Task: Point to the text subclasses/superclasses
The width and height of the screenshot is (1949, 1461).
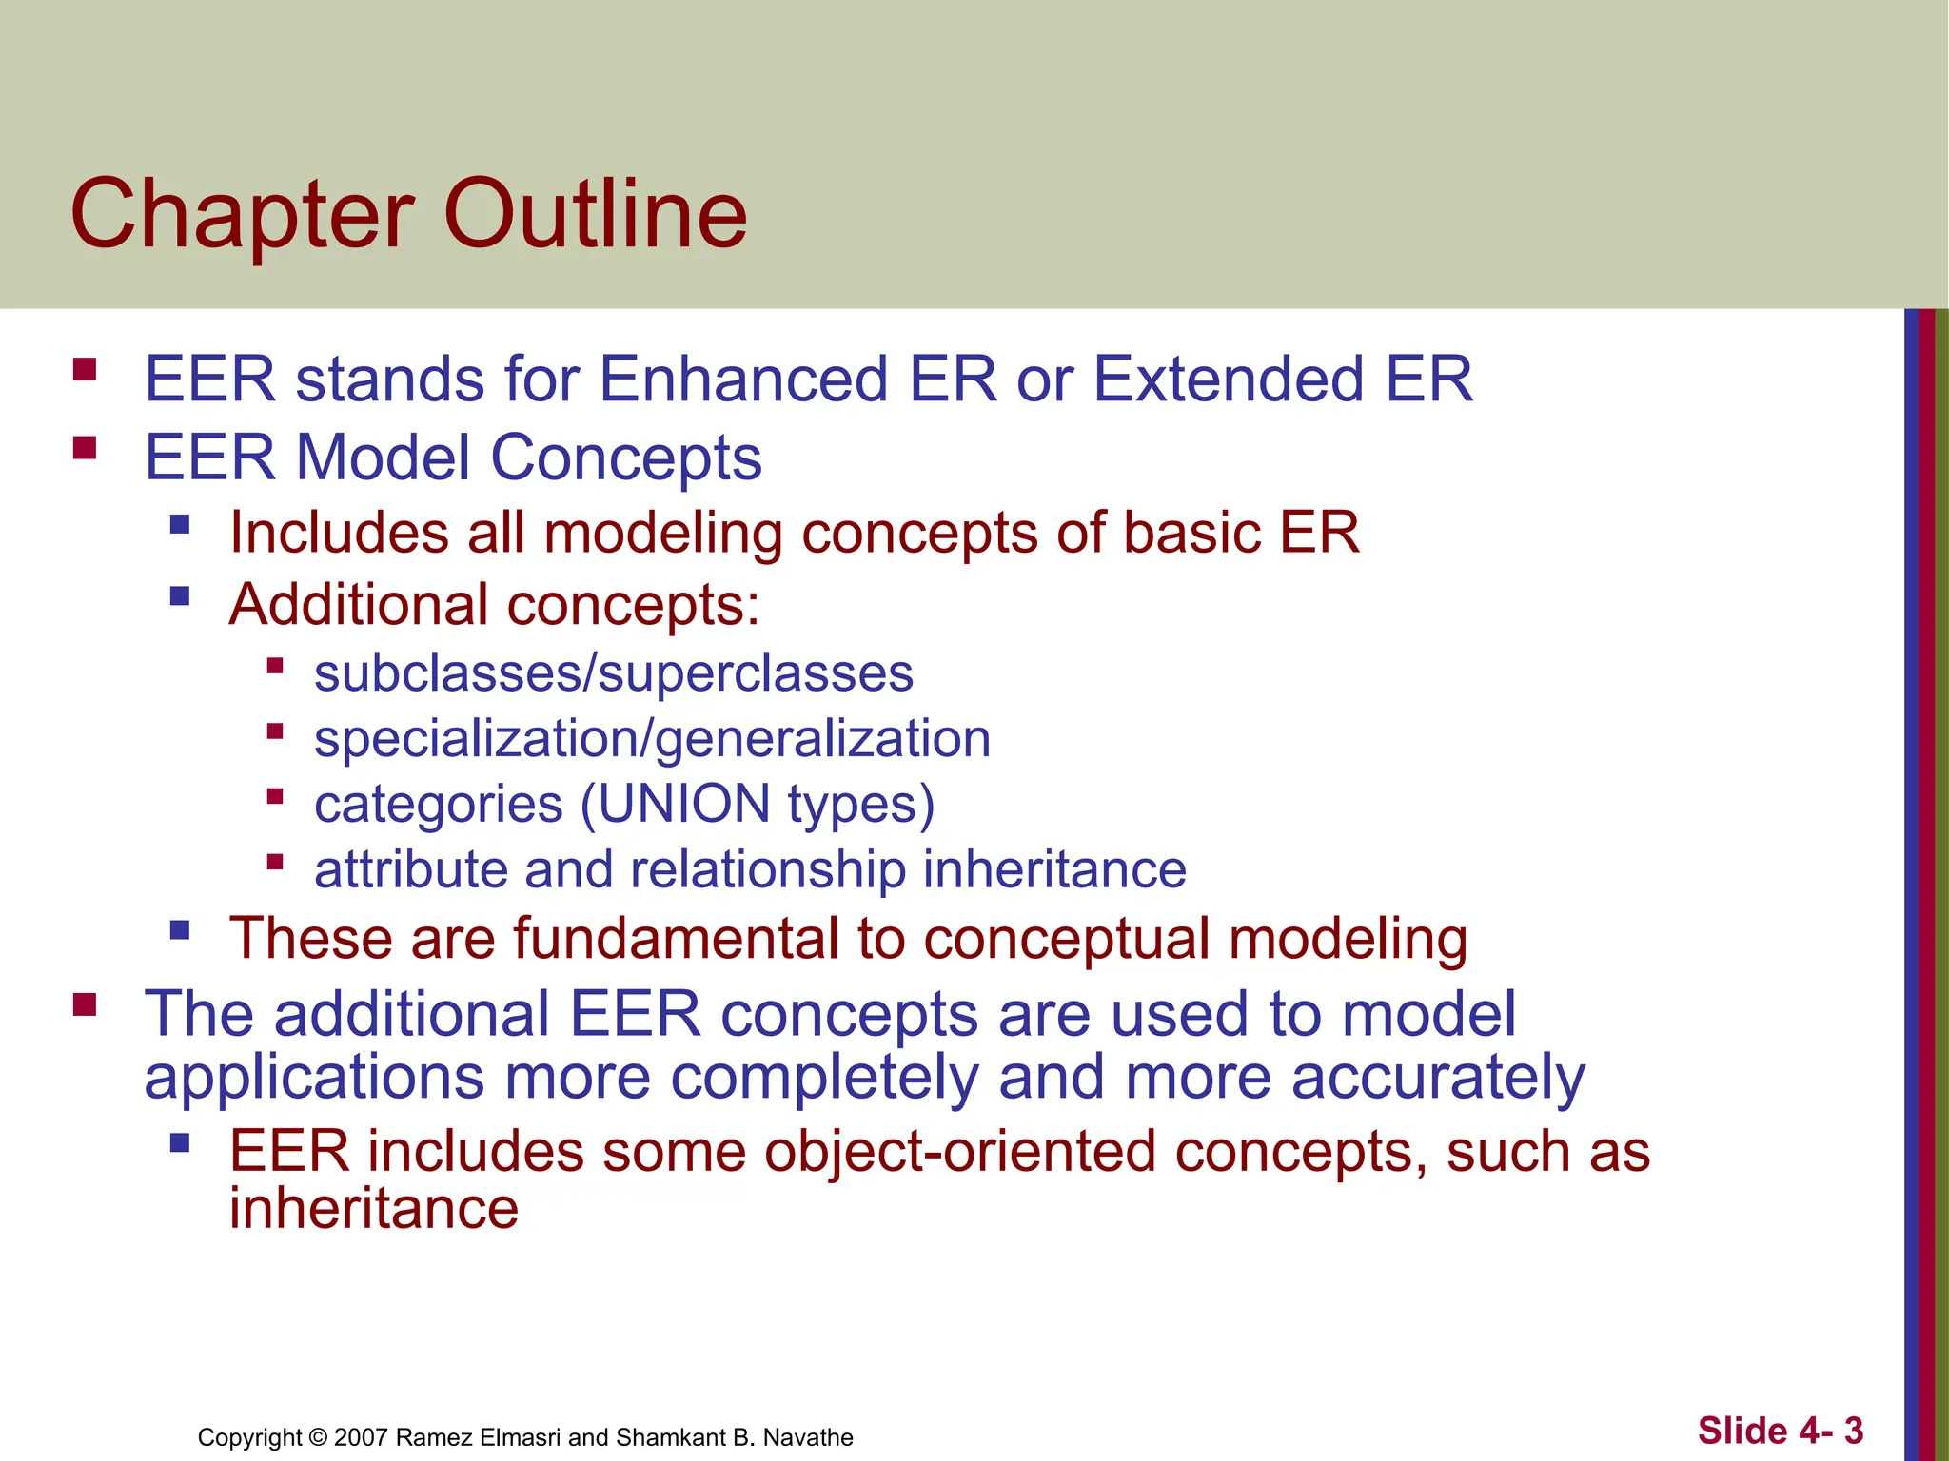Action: (614, 673)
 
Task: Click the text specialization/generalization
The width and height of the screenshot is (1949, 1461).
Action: (652, 739)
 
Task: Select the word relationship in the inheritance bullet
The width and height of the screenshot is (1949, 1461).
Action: (767, 869)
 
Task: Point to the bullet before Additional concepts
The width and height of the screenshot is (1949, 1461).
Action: (180, 596)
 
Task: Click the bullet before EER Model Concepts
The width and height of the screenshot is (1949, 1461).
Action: (85, 447)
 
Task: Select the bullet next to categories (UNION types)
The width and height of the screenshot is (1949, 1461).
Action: (275, 796)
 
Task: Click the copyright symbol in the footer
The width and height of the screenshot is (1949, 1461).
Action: (319, 1437)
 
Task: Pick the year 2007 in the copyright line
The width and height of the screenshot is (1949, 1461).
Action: (361, 1437)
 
